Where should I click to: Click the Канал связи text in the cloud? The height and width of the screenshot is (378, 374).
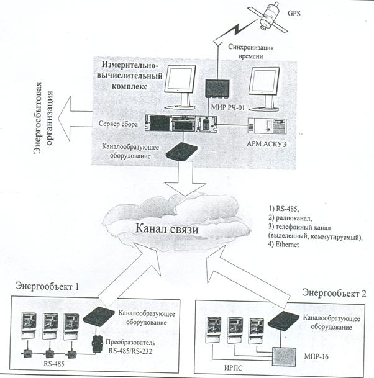[x=166, y=229]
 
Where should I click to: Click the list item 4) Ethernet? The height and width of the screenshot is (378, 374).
[x=282, y=245]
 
